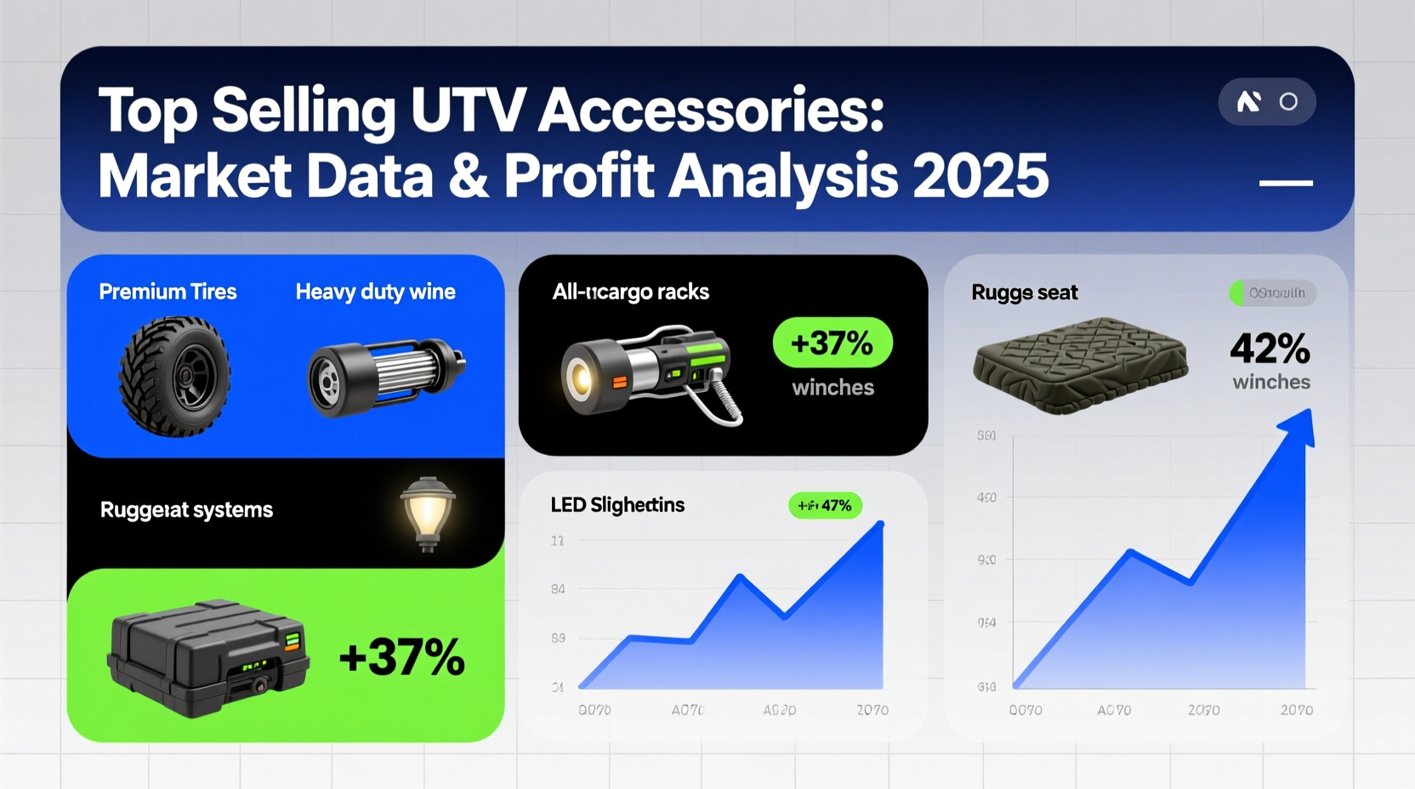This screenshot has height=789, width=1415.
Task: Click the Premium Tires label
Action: tap(168, 292)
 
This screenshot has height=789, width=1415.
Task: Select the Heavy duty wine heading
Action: tap(375, 292)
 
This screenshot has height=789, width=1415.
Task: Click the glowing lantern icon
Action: tap(428, 512)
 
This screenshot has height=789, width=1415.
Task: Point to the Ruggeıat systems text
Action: tap(186, 510)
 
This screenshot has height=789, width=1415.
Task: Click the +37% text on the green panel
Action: tap(401, 657)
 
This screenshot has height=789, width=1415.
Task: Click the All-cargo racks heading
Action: tap(630, 292)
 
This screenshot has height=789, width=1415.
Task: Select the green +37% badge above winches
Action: tap(832, 343)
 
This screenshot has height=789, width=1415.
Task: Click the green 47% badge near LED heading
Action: tap(825, 505)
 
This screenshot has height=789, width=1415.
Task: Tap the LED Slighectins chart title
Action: tap(617, 505)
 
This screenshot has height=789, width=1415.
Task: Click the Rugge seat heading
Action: tap(1024, 292)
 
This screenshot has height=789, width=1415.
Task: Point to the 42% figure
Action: tap(1270, 349)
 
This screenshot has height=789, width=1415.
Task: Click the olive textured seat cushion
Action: tap(1080, 366)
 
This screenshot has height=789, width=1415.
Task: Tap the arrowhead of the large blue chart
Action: tap(1299, 427)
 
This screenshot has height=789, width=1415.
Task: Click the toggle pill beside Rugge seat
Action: tap(1272, 292)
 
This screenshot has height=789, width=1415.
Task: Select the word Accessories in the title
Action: tap(711, 111)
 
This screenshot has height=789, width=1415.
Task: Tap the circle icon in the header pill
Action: tap(1288, 102)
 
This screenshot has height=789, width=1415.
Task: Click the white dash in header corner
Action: tap(1285, 183)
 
